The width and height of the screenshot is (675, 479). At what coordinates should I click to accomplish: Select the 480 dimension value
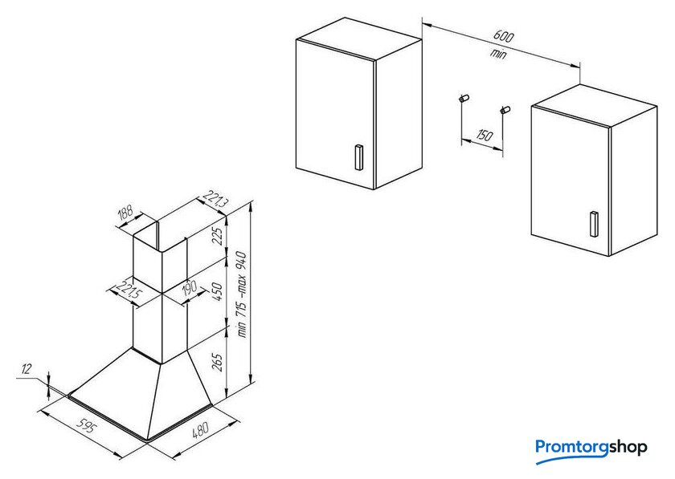coord(200,429)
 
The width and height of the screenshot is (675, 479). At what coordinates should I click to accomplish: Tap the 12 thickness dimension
coord(27,369)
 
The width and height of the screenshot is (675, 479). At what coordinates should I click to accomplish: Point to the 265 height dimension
coord(219,363)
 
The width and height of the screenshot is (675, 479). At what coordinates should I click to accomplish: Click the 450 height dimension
coord(219,291)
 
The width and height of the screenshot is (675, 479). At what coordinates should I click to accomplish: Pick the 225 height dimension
coord(219,236)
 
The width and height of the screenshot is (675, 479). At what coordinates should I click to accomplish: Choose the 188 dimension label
coord(125,213)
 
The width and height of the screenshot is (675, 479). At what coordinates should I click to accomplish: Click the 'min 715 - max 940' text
coord(242,294)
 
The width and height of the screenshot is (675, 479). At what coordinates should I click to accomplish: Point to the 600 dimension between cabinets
coord(503,36)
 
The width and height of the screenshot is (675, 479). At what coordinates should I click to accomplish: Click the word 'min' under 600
coord(498,54)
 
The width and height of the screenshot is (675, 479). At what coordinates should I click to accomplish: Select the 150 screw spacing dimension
coord(485,136)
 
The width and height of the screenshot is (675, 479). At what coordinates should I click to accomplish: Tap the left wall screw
coord(464,98)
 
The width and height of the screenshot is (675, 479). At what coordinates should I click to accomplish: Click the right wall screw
coord(505,110)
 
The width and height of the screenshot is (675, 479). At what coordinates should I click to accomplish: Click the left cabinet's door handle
coord(358,157)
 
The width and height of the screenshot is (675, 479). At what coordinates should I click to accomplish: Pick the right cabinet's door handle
coord(594,224)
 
